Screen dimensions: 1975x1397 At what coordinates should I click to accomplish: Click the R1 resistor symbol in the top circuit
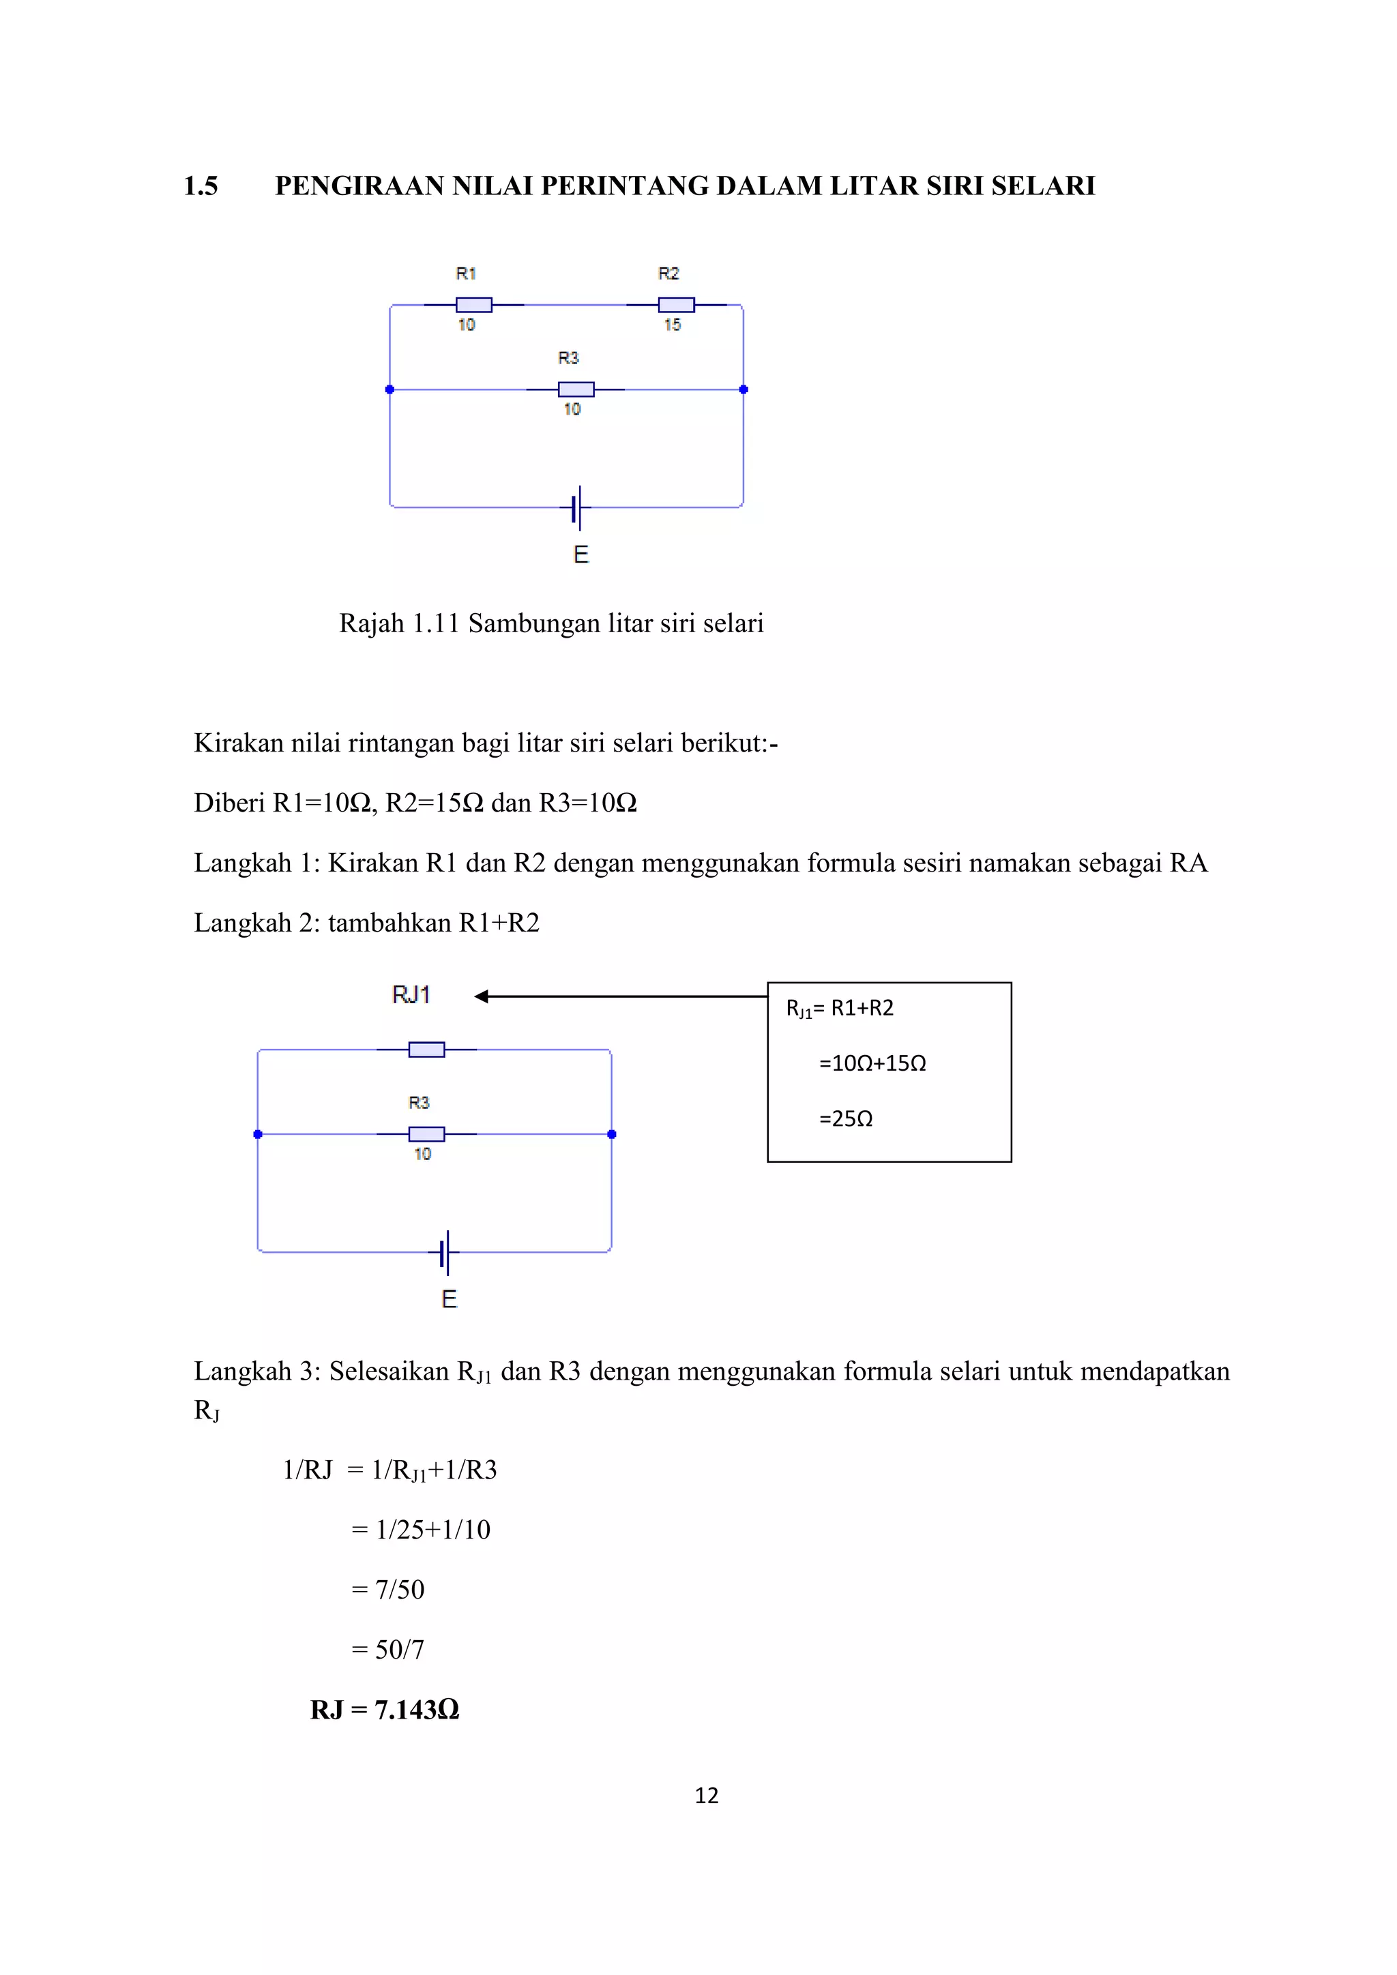click(473, 305)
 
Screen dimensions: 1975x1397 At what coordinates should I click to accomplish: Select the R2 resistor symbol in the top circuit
click(676, 305)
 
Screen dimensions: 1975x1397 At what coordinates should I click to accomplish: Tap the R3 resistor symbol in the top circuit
click(576, 389)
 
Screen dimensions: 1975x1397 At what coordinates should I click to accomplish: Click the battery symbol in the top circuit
click(577, 507)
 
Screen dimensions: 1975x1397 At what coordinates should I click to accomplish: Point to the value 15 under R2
click(672, 325)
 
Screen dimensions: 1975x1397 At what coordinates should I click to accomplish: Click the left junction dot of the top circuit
click(389, 389)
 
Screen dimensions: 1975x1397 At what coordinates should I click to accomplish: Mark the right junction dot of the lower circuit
click(612, 1133)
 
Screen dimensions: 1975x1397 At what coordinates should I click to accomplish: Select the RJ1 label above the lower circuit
click(411, 995)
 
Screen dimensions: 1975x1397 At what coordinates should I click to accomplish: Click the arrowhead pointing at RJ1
click(481, 996)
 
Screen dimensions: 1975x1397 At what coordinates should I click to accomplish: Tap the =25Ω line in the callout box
click(846, 1118)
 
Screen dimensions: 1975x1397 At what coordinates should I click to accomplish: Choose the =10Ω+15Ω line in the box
click(872, 1063)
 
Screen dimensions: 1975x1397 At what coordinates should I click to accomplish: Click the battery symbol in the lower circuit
click(445, 1252)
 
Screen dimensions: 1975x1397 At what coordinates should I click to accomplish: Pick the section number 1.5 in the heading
click(201, 185)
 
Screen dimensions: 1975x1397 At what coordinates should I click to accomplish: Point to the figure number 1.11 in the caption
click(435, 623)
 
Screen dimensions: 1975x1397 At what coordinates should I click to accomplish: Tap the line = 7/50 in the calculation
click(388, 1590)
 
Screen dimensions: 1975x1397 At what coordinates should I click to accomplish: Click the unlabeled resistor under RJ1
click(426, 1050)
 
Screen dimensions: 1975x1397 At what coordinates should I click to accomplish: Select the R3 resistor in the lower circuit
click(426, 1133)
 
